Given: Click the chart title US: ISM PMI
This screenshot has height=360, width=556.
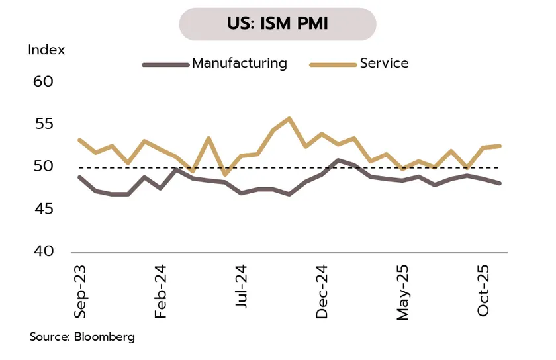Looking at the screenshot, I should click(277, 24).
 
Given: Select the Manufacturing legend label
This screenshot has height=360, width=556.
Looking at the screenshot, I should click(240, 64).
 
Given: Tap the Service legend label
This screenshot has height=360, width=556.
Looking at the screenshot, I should click(384, 64).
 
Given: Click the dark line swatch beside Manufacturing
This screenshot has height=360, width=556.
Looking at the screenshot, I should click(165, 64).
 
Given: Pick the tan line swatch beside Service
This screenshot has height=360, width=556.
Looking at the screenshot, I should click(333, 64).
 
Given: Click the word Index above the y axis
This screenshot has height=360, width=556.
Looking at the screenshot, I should click(46, 50).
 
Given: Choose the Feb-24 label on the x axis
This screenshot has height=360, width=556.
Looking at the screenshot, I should click(160, 292).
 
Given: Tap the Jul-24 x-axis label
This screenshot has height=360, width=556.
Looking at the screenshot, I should click(241, 288).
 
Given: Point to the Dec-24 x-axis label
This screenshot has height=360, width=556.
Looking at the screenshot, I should click(322, 292).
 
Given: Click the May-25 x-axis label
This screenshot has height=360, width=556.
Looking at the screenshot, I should click(402, 292).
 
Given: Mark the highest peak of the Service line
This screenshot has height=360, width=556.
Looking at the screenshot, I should click(289, 118).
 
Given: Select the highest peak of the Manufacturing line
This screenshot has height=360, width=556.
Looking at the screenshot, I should click(338, 160).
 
